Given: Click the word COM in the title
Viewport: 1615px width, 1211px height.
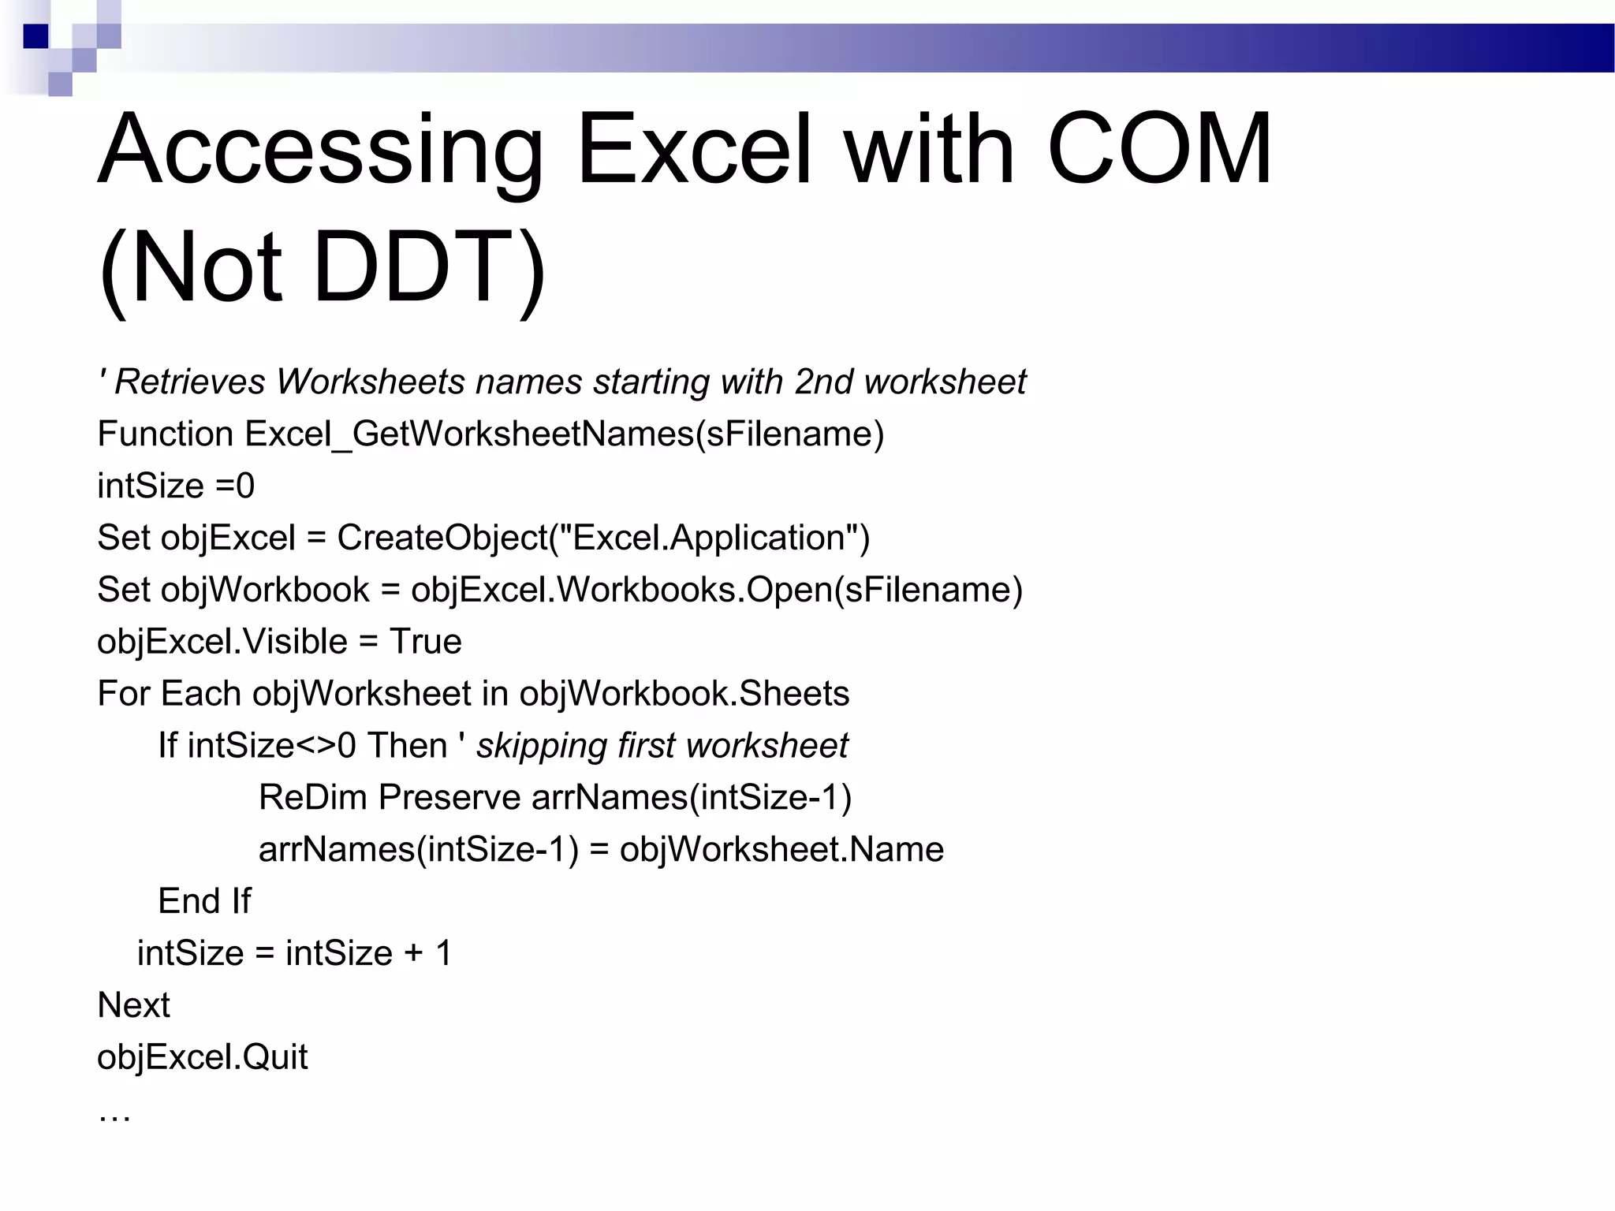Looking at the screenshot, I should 1158,150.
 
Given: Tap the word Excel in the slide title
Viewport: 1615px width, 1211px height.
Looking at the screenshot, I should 694,150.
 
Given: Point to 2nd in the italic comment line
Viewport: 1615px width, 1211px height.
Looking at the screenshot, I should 824,382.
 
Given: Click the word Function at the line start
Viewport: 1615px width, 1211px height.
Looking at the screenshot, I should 166,434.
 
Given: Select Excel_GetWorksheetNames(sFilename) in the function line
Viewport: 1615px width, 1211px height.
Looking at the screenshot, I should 565,434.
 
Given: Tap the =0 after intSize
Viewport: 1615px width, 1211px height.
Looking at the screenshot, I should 235,486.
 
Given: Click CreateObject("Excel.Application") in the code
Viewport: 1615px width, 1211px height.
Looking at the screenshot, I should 603,538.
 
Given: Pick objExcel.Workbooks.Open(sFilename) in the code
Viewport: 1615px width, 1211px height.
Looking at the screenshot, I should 717,591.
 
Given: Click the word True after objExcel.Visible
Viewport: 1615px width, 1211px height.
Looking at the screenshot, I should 426,642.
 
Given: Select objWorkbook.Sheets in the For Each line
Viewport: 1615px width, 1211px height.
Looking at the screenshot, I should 684,694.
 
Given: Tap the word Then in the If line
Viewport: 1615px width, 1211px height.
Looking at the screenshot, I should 408,746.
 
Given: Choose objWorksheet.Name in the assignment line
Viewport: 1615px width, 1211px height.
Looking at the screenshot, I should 781,850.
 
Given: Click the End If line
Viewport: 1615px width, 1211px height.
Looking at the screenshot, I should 204,901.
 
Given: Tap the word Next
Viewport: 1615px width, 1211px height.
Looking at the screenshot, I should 133,1005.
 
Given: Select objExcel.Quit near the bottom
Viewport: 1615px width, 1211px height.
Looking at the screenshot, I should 203,1057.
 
